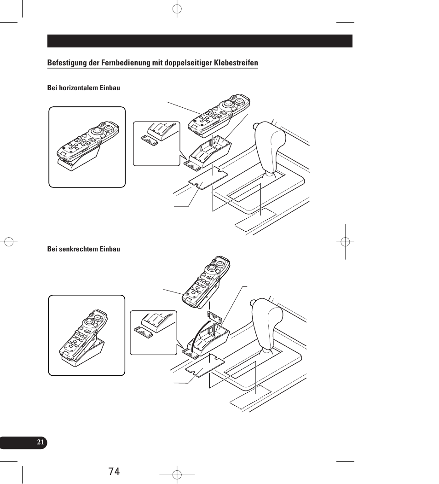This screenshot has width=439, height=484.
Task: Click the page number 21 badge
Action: pyautogui.click(x=40, y=443)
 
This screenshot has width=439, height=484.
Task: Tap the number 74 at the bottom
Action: pyautogui.click(x=115, y=471)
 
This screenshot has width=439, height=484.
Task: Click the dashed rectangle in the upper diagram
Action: pyautogui.click(x=255, y=220)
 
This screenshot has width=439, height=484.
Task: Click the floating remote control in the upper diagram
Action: pyautogui.click(x=219, y=117)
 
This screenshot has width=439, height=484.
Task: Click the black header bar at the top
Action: pyautogui.click(x=200, y=41)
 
